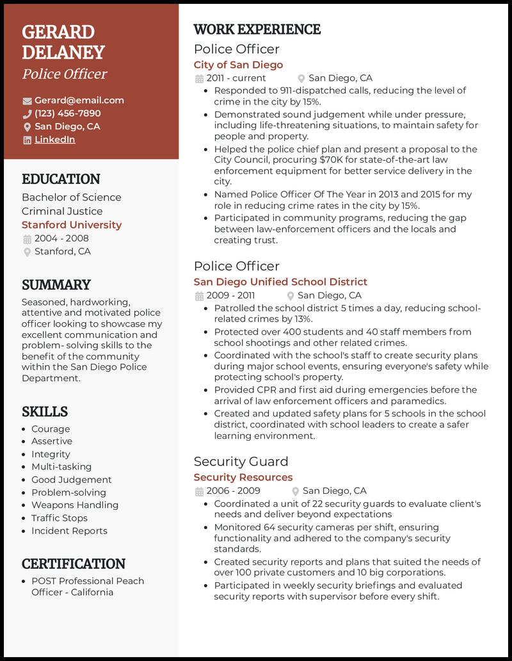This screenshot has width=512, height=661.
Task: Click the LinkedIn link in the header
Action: pyautogui.click(x=54, y=140)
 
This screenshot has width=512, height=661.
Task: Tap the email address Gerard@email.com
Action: pyautogui.click(x=79, y=101)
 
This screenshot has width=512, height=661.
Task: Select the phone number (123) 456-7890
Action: pyautogui.click(x=67, y=113)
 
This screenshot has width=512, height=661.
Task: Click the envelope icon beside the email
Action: pyautogui.click(x=27, y=101)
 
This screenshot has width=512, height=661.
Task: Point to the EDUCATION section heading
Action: pyautogui.click(x=61, y=179)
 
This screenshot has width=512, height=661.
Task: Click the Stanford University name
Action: pyautogui.click(x=71, y=225)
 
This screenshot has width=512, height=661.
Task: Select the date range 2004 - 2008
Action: pyautogui.click(x=61, y=238)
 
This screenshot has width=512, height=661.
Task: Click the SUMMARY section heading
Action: pyautogui.click(x=56, y=284)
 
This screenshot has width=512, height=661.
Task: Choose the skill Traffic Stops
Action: pyautogui.click(x=60, y=518)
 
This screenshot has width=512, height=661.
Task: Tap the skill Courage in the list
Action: pyautogui.click(x=51, y=429)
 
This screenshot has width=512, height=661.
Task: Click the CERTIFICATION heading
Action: pyautogui.click(x=74, y=564)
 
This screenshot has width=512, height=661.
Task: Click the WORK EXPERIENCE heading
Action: pyautogui.click(x=257, y=29)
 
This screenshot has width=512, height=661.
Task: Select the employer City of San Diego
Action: pyautogui.click(x=238, y=65)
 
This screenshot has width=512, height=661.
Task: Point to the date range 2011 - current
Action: pyautogui.click(x=236, y=78)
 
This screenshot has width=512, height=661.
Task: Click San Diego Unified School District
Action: pyautogui.click(x=280, y=282)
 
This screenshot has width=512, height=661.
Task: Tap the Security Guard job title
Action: pyautogui.click(x=241, y=461)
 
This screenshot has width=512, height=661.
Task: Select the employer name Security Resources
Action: pyautogui.click(x=243, y=477)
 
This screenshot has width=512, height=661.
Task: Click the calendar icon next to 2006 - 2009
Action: pyautogui.click(x=198, y=491)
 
